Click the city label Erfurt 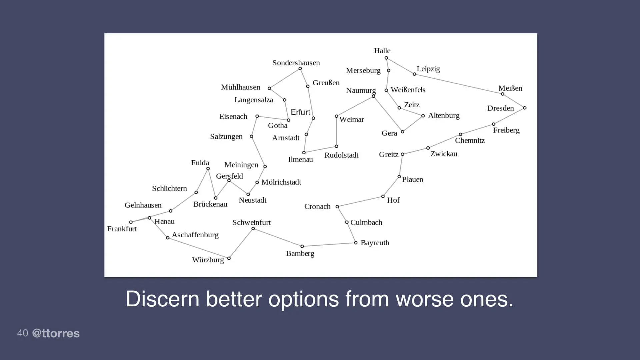tap(300, 112)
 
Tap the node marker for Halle tap(386, 58)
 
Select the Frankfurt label tap(122, 229)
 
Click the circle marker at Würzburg tap(229, 258)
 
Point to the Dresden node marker tap(525, 108)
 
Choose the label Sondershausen tap(296, 63)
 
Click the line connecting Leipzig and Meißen tap(458, 84)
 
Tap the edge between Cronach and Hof tap(360, 202)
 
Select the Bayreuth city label tap(375, 243)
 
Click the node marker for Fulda tap(208, 169)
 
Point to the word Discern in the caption tap(162, 299)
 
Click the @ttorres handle tap(56, 333)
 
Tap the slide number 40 tap(22, 333)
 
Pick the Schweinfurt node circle tap(253, 229)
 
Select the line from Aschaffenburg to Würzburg tap(198, 248)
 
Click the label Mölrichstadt tap(281, 182)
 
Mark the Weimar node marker tap(336, 116)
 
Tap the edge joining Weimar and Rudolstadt tap(336, 131)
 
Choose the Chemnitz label tap(470, 141)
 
